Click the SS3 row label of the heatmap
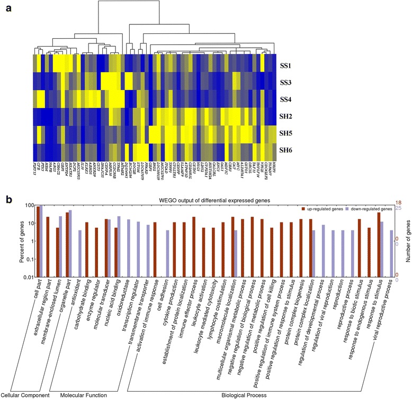click(x=286, y=84)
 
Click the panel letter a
click(x=8, y=8)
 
